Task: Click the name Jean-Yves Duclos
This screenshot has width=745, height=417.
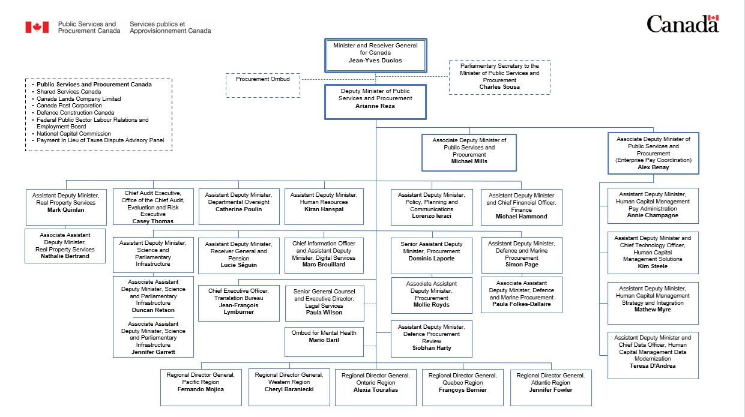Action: point(375,60)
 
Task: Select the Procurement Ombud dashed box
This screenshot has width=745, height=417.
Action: point(262,85)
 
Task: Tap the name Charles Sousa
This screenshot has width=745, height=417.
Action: point(499,87)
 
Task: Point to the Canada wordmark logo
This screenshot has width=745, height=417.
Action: point(683,25)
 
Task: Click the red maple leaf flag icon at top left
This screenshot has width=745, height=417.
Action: point(37,27)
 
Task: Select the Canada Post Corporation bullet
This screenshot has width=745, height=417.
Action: point(69,106)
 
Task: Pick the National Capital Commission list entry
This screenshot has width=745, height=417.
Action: point(73,134)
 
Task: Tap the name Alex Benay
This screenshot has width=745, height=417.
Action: point(653,167)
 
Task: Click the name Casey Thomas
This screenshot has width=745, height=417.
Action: point(152,221)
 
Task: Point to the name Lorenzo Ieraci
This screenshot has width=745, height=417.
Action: point(431,216)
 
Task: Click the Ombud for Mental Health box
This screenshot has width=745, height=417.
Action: point(324,341)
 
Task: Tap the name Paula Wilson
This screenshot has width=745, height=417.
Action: point(324,313)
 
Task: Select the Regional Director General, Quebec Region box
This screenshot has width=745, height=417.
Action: point(463,386)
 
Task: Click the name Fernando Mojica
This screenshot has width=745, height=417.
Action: point(201,389)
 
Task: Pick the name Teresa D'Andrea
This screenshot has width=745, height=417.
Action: point(653,366)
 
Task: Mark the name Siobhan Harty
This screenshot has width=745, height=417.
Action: point(432,348)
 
